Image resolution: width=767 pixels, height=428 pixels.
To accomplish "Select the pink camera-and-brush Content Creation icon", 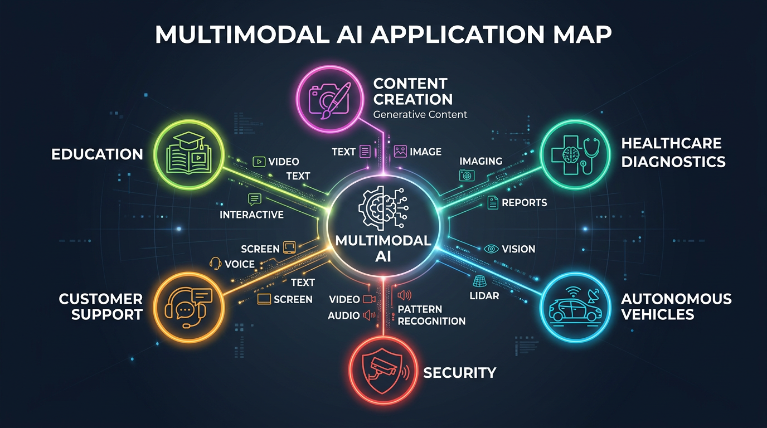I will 329,97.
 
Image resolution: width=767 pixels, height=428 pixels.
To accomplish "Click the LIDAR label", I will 485,296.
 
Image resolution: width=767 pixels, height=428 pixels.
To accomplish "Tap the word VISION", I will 518,249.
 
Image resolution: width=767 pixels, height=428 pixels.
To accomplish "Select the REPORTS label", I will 525,203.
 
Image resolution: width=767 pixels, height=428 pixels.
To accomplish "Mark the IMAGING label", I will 480,161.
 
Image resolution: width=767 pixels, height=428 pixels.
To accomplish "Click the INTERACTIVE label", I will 251,215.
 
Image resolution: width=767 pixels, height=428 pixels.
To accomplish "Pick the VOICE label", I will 240,264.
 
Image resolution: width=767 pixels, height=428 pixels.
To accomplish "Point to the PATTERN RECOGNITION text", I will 431,315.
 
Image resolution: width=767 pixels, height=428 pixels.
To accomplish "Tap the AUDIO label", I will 344,315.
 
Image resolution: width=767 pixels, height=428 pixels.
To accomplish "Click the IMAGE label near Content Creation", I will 425,152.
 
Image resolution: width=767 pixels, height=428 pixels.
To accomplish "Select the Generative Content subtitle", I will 420,115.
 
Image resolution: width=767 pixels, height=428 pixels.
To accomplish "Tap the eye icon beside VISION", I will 491,249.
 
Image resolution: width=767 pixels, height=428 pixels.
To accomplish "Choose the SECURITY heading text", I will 460,372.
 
